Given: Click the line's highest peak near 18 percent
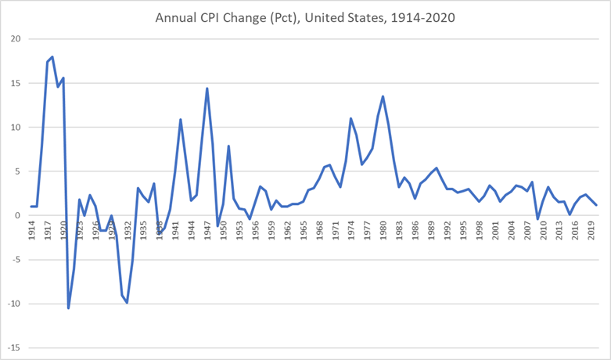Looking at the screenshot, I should coord(52,56).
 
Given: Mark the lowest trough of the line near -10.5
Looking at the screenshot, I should coord(68,308).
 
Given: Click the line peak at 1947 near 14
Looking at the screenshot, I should coord(207,88).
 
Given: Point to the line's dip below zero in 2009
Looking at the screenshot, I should coord(537,218).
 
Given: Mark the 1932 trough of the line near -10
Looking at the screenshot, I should coord(128,303).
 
